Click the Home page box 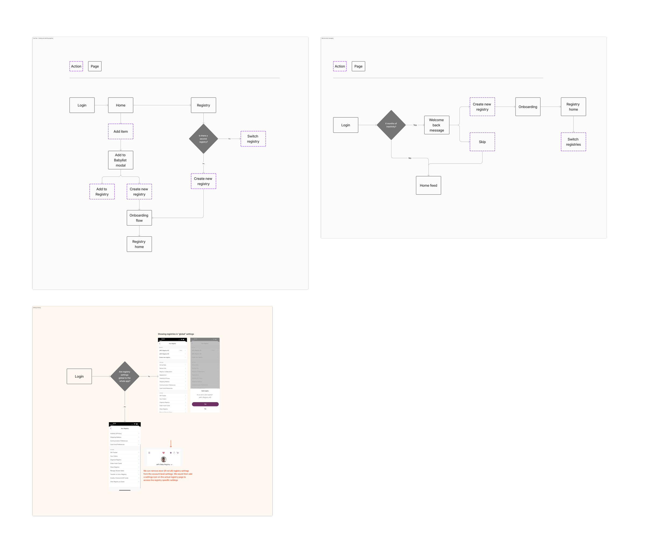pos(121,105)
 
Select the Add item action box pos(121,131)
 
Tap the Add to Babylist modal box pos(121,160)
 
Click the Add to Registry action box pos(102,191)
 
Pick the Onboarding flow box pos(139,218)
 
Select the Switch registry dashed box pos(253,139)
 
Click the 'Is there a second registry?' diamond pos(203,139)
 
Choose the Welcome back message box pos(436,125)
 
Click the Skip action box pos(482,142)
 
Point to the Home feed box pos(428,185)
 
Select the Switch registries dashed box pos(573,142)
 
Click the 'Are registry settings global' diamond pos(125,376)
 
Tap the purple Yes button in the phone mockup pos(205,404)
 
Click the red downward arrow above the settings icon pos(171,443)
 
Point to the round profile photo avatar pos(164,459)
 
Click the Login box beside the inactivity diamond pos(345,125)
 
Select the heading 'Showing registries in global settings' pos(176,334)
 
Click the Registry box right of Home pos(203,105)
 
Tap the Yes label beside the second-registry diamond pos(229,139)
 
